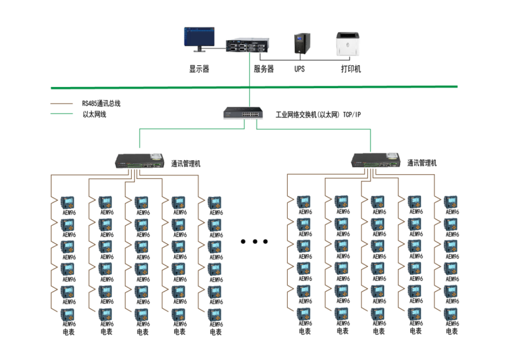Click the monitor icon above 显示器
tap(199, 39)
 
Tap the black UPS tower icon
tap(300, 44)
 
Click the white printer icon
tap(348, 45)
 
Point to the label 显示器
tap(199, 69)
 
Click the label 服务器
tap(264, 69)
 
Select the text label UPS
tap(300, 69)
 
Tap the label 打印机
tap(351, 69)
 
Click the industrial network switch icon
tap(242, 113)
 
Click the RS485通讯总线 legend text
tap(101, 103)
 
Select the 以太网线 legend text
tap(94, 114)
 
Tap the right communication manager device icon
tap(375, 160)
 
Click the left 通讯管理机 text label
tap(186, 164)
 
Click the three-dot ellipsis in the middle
tap(254, 241)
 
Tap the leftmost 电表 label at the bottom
tap(68, 332)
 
